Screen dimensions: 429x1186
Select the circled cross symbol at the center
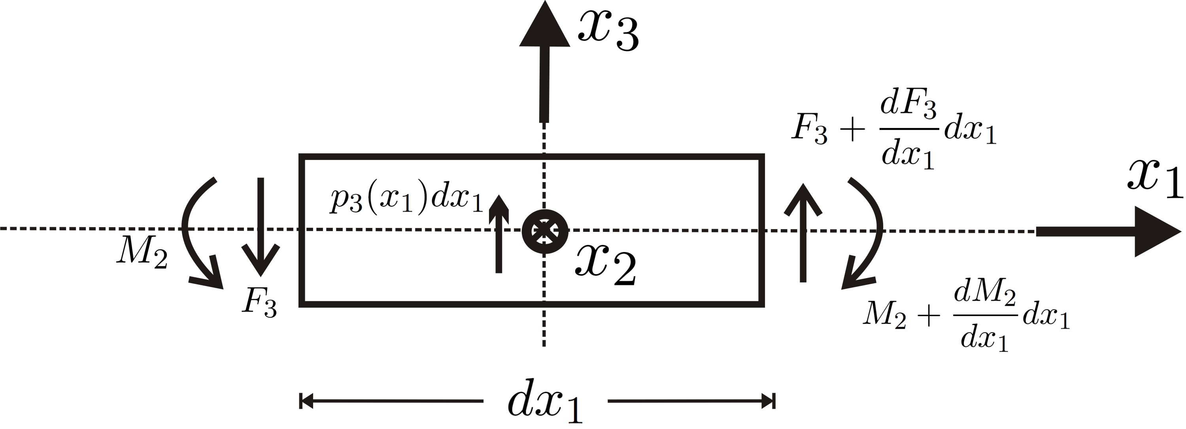pyautogui.click(x=545, y=231)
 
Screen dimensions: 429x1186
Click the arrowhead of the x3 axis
pyautogui.click(x=545, y=25)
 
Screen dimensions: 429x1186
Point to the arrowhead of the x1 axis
pyautogui.click(x=1156, y=231)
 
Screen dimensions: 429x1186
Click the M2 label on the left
pyautogui.click(x=142, y=253)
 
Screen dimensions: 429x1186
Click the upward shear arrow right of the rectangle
pyautogui.click(x=803, y=232)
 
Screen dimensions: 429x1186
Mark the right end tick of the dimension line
pyautogui.click(x=774, y=401)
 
